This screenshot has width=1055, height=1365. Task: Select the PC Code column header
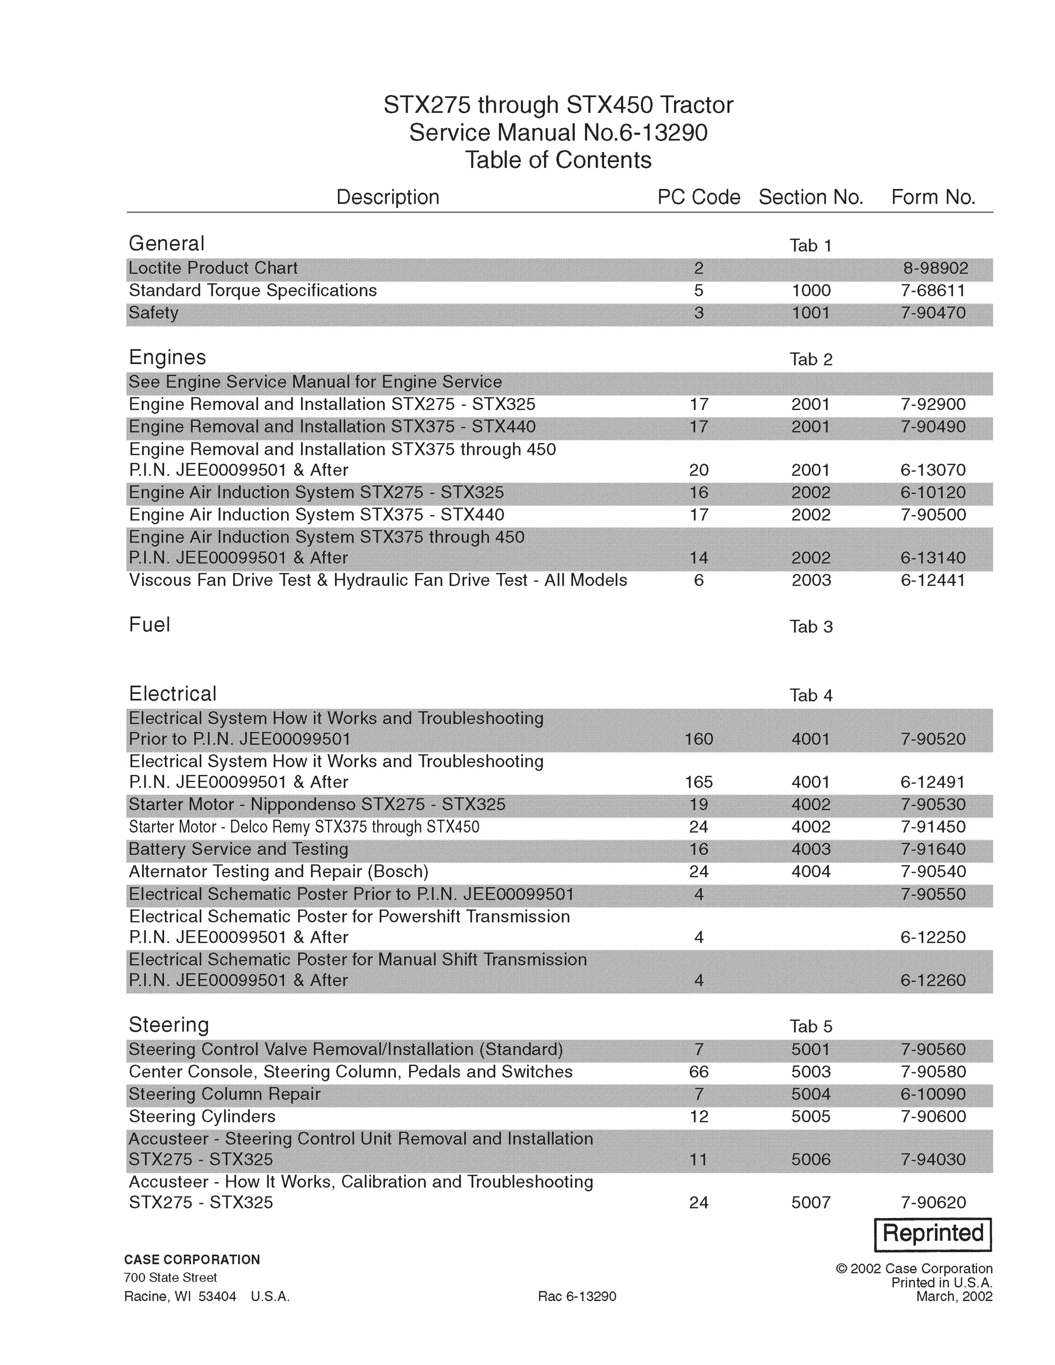click(x=698, y=197)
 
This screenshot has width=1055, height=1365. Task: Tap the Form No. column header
click(x=932, y=197)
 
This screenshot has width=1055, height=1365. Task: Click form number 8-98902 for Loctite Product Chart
click(x=935, y=269)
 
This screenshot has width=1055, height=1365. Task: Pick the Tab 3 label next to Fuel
click(x=811, y=627)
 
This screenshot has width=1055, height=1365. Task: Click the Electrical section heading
click(x=173, y=694)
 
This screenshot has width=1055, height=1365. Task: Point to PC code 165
click(x=698, y=782)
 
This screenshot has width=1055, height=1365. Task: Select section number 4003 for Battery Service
click(x=811, y=849)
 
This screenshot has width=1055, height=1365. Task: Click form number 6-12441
click(x=932, y=581)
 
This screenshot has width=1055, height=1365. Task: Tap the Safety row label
click(x=154, y=313)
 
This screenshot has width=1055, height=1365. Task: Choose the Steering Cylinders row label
click(x=202, y=1117)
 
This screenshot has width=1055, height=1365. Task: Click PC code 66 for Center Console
click(x=698, y=1072)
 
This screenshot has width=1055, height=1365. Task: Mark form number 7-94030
click(x=932, y=1160)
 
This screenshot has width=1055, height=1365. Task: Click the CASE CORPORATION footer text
click(x=192, y=1259)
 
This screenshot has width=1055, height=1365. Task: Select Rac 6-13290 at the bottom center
click(x=576, y=1296)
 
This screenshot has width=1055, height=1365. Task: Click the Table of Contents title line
click(x=557, y=161)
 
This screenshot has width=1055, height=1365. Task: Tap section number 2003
click(x=811, y=581)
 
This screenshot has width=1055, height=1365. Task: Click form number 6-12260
click(x=932, y=981)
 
